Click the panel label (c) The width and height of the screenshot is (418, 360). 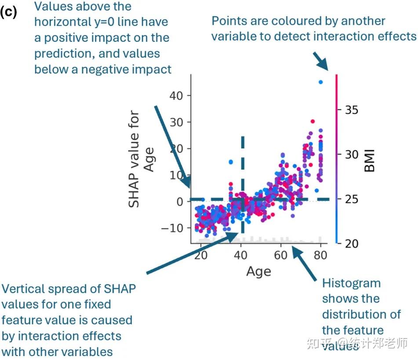point(8,12)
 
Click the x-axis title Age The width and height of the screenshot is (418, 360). point(258,271)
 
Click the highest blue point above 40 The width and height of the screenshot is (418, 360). point(321,82)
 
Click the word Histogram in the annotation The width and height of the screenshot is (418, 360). point(351,283)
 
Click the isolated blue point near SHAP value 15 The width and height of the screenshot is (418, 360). point(231,162)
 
